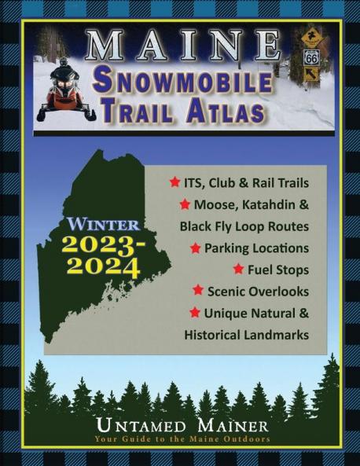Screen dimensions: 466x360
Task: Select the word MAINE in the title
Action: [x=183, y=46]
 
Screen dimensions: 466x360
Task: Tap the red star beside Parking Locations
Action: [x=195, y=248]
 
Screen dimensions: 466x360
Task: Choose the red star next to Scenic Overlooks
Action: [x=198, y=290]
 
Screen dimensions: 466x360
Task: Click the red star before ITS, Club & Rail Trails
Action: [x=174, y=182]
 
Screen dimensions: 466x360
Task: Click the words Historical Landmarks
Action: [x=246, y=334]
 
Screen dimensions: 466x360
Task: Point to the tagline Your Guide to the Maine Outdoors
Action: [x=180, y=439]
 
